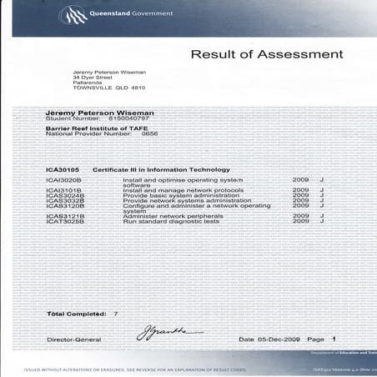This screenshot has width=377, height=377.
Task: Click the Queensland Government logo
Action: tap(71, 14)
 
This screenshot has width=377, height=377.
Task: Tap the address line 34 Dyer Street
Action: tap(93, 78)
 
